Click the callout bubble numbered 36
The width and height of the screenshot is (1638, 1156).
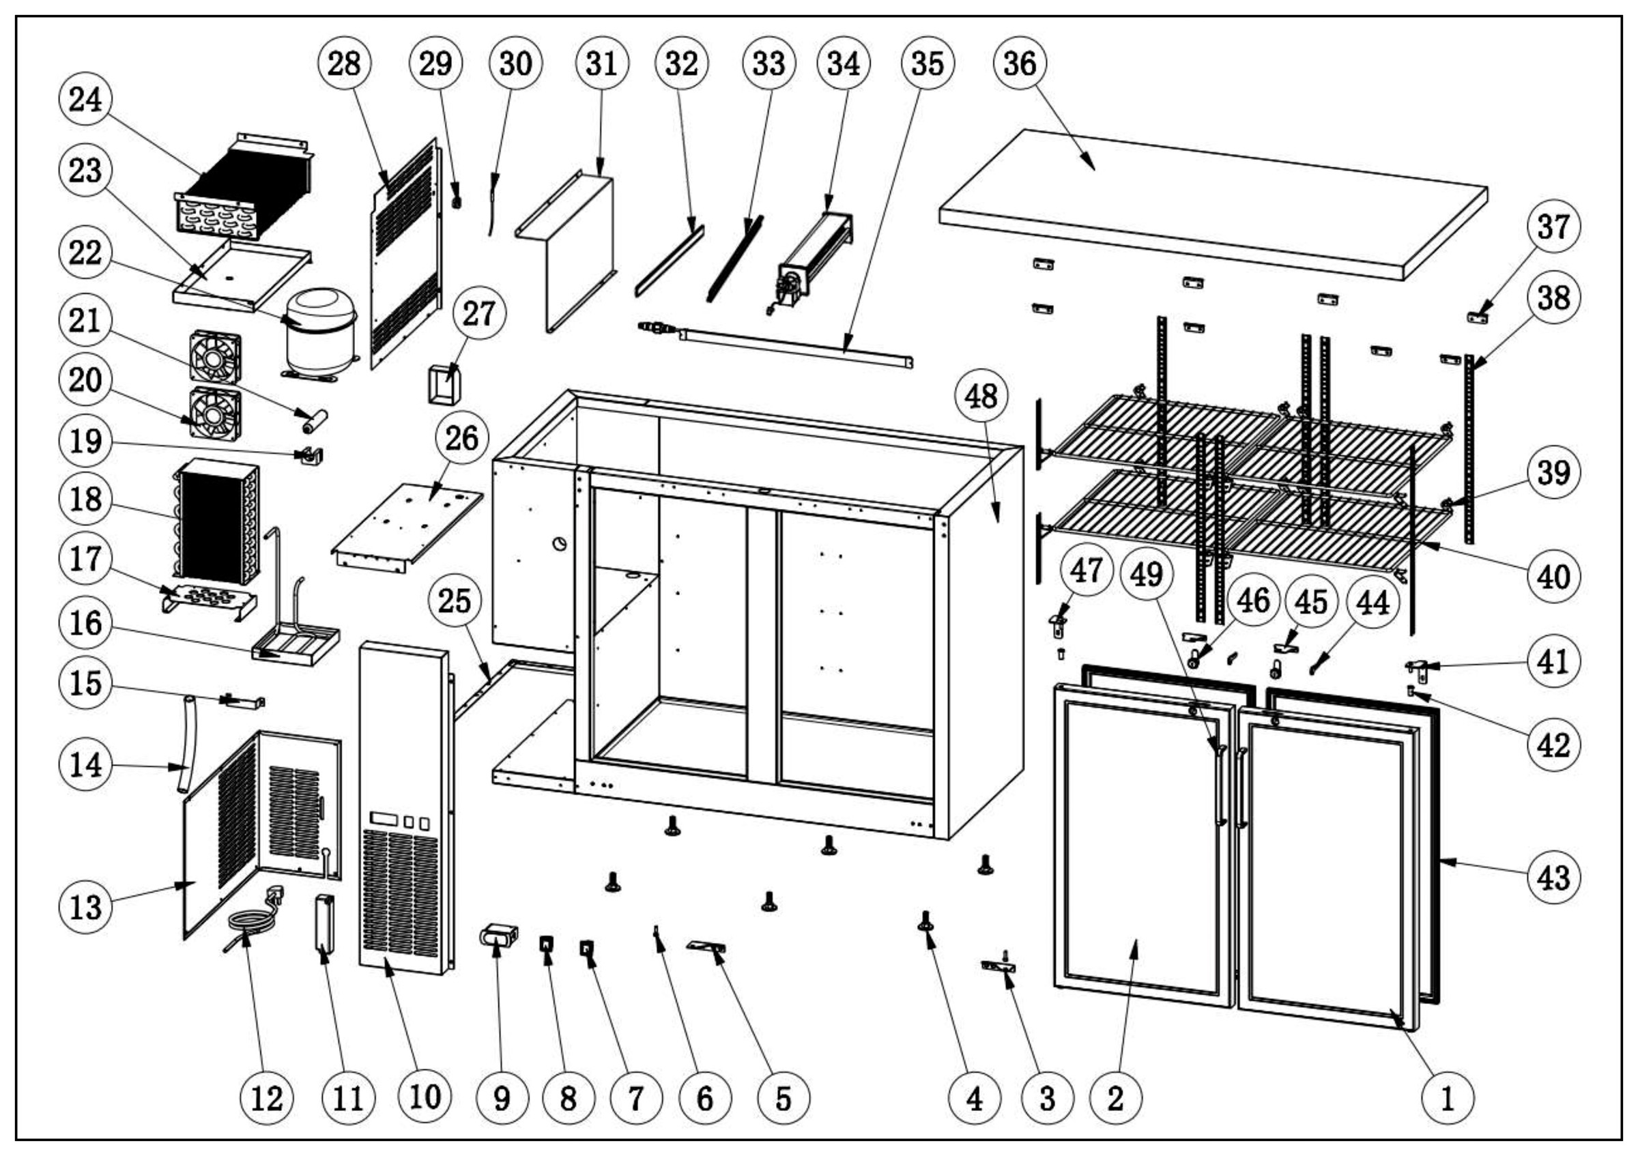pos(1020,63)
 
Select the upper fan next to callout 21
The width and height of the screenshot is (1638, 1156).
pos(215,358)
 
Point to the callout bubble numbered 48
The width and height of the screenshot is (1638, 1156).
pos(981,396)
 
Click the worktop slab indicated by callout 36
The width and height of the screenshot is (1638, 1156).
pos(1213,203)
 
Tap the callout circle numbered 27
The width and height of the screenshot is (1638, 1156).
pos(478,313)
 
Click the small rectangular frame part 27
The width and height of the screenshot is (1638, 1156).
pos(444,385)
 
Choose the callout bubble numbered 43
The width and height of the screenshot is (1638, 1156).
pos(1553,877)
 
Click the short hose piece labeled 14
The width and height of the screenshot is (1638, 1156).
pos(186,745)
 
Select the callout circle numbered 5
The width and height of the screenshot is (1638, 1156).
pos(784,1098)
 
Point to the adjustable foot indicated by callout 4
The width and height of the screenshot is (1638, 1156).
pos(925,921)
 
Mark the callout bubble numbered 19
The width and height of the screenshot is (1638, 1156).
pos(85,441)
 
